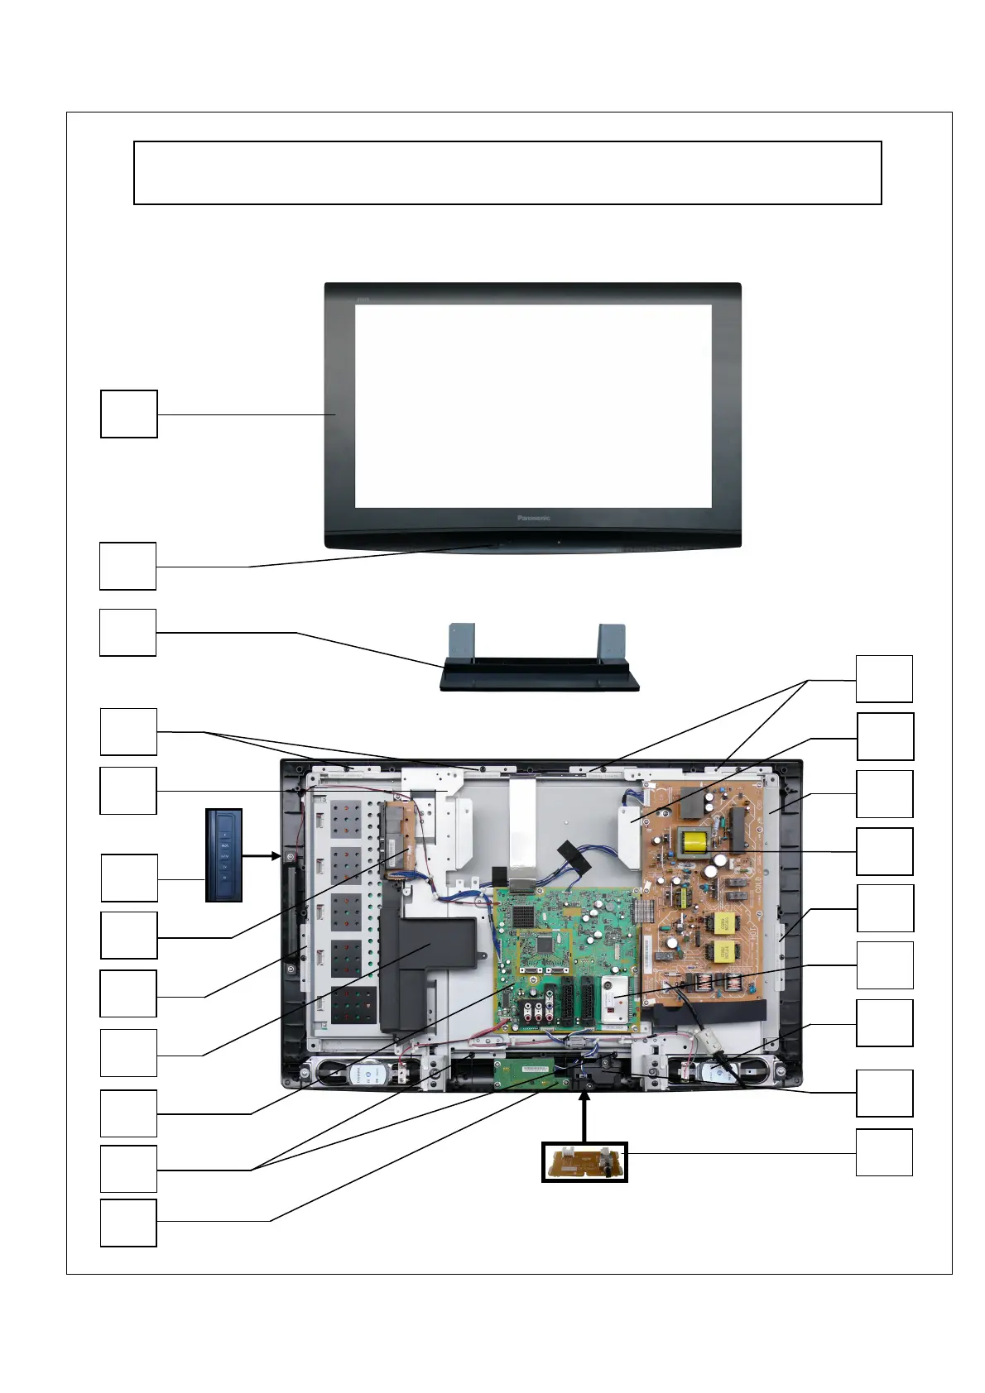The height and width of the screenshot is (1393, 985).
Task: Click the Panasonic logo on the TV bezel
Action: click(534, 519)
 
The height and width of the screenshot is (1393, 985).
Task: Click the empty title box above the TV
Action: click(507, 173)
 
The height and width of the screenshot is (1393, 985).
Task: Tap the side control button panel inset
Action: click(223, 855)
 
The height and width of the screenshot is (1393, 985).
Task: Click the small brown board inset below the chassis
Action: click(584, 1161)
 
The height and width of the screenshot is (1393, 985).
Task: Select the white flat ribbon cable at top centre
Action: click(523, 827)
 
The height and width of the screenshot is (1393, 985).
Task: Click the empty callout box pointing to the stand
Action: click(128, 633)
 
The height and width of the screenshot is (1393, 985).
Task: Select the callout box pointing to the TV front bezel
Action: click(129, 414)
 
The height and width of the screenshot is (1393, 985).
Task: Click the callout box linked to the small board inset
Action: click(884, 1152)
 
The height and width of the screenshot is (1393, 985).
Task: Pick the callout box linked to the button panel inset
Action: click(129, 878)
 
